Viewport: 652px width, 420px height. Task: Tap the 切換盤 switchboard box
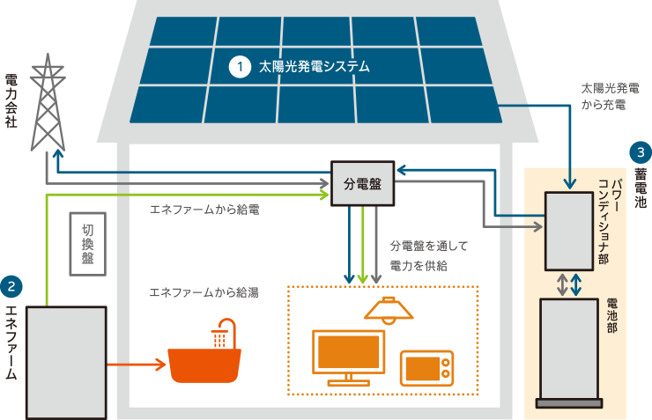(88, 244)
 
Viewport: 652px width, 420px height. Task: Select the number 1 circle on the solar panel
(238, 66)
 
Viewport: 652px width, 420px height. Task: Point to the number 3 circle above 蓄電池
(641, 151)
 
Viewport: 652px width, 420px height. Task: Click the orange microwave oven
(426, 368)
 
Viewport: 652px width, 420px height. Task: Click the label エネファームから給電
(204, 211)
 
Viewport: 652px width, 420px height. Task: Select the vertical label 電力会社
(11, 101)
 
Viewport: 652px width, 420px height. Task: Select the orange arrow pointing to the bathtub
(136, 363)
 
